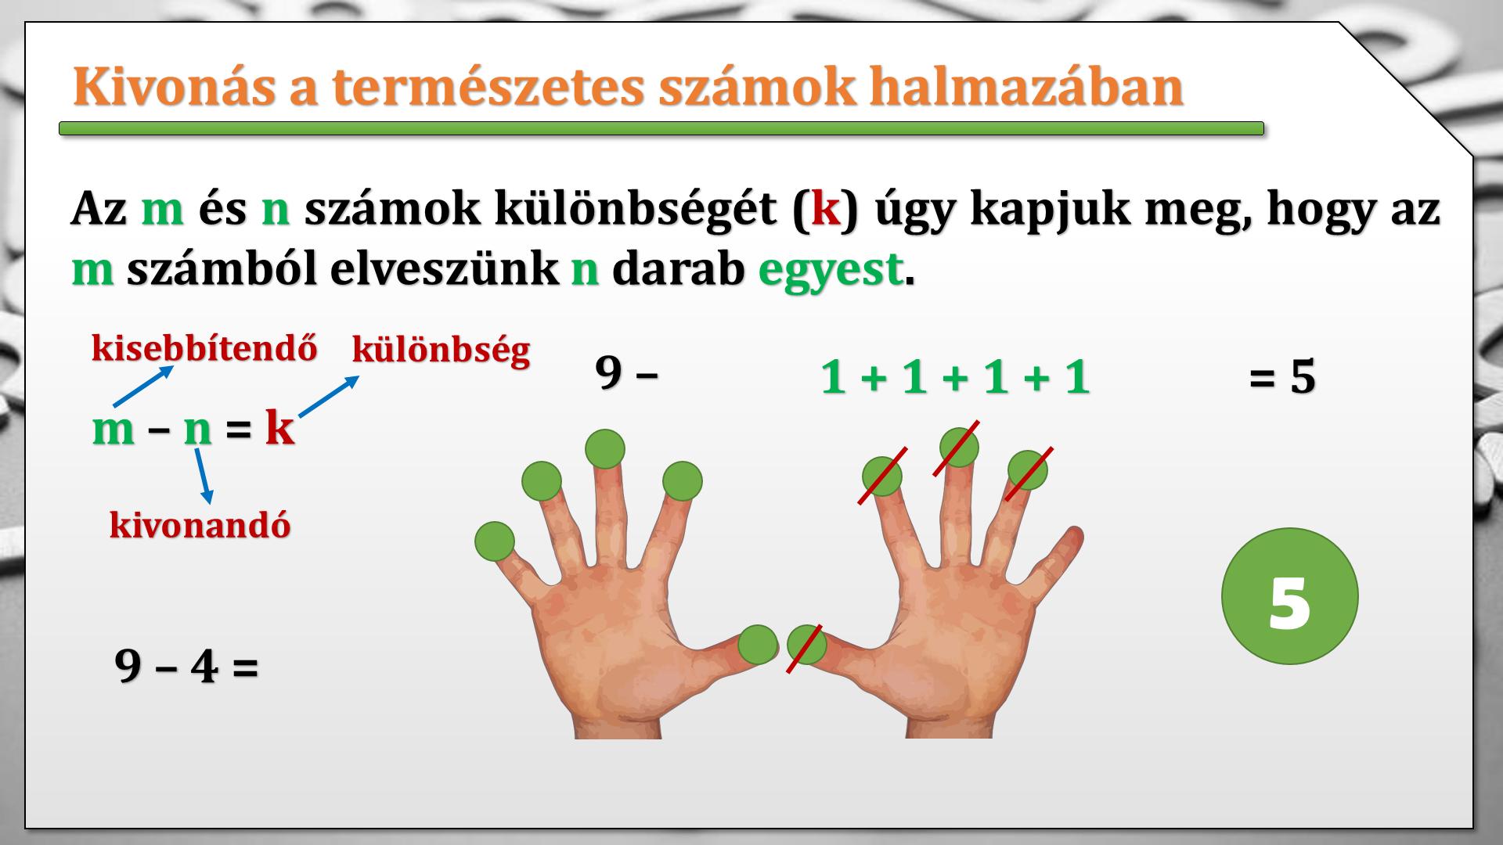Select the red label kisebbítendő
point(205,348)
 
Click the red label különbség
point(442,350)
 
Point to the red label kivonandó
point(200,525)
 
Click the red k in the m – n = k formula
point(279,428)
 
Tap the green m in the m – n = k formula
point(114,430)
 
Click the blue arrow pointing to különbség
point(329,396)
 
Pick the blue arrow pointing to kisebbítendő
point(143,386)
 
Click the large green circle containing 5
point(1289,596)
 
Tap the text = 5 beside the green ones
point(1282,378)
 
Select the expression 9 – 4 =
point(186,667)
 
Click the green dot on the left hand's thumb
point(758,645)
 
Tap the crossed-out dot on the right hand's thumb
point(806,645)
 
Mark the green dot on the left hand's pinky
point(495,541)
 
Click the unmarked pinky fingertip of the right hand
point(1073,538)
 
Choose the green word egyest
point(830,270)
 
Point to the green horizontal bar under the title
point(661,128)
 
